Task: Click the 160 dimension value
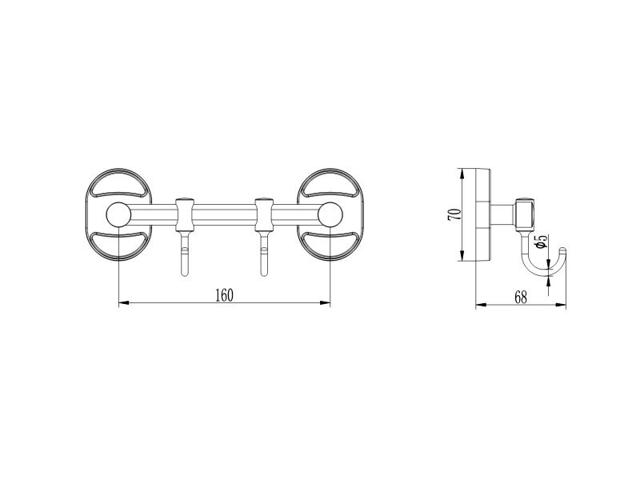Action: pos(225,295)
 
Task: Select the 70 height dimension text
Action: pos(454,214)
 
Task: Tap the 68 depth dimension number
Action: pos(521,298)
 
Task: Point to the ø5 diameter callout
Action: pos(541,242)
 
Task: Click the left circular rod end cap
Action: pos(118,214)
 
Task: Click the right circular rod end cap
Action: pos(330,214)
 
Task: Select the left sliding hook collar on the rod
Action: pos(185,214)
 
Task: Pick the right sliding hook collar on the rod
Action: pos(264,214)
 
